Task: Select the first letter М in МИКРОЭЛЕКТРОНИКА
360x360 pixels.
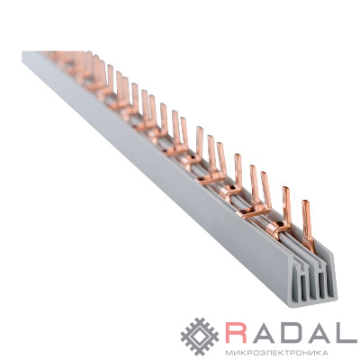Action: click(229, 352)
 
